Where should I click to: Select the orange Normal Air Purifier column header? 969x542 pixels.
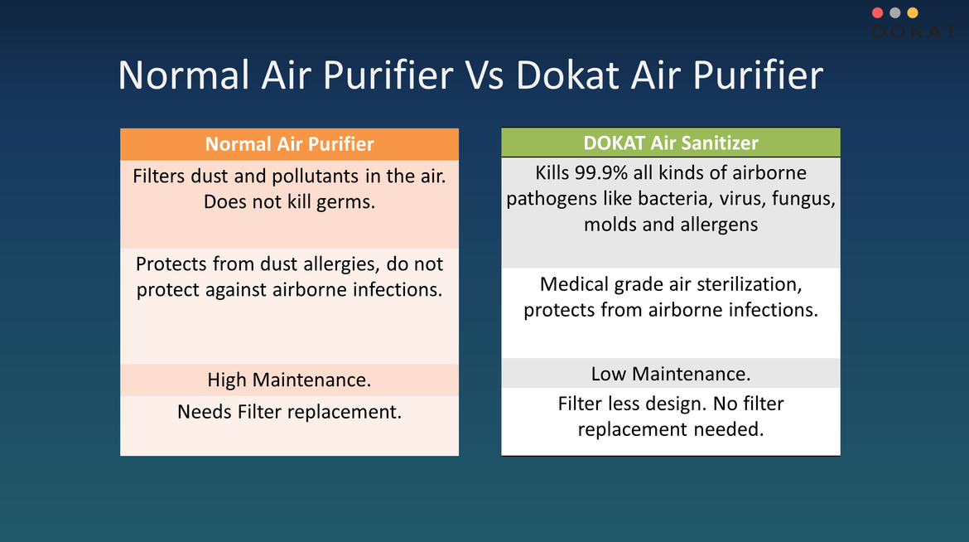pyautogui.click(x=289, y=144)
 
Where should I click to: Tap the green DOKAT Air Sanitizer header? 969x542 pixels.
pyautogui.click(x=671, y=143)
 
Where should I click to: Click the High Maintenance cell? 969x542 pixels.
pyautogui.click(x=289, y=380)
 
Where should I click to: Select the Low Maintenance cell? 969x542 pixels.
pyautogui.click(x=671, y=374)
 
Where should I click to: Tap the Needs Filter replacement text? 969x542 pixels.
pyautogui.click(x=289, y=412)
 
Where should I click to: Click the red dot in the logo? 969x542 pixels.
pyautogui.click(x=878, y=12)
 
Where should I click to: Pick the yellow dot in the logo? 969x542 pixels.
pyautogui.click(x=913, y=12)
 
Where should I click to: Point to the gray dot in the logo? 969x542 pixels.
pyautogui.click(x=895, y=12)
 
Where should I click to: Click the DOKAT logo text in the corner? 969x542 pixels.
pyautogui.click(x=914, y=31)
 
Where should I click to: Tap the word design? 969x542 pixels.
pyautogui.click(x=672, y=404)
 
